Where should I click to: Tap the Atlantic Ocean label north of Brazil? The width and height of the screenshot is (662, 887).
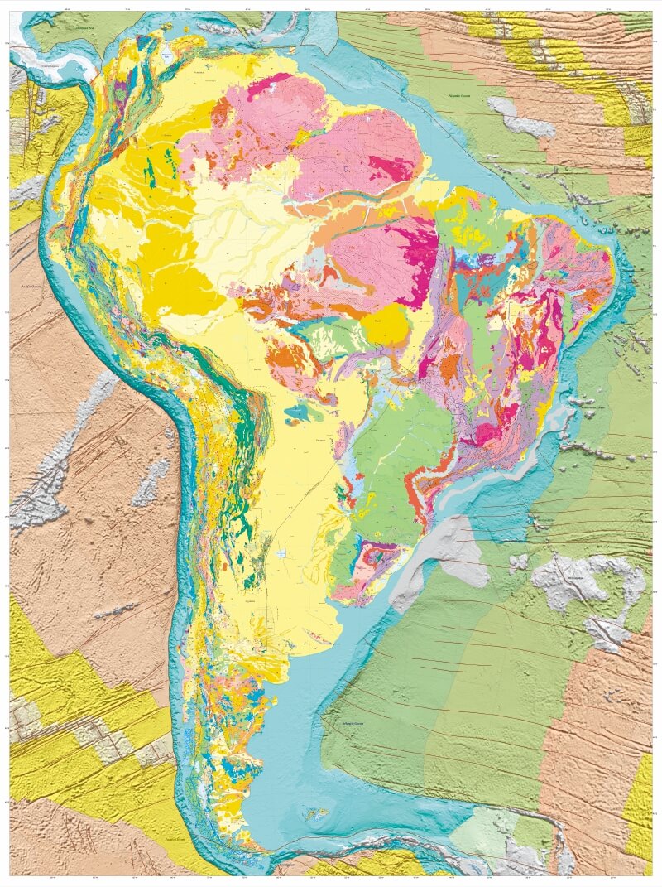[459, 97]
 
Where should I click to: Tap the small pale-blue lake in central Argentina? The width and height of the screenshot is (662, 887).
[283, 552]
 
